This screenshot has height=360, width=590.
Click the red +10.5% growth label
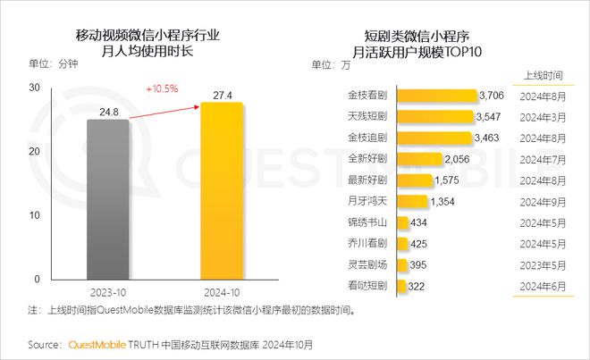[162, 88]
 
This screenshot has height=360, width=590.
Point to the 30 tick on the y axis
[33, 88]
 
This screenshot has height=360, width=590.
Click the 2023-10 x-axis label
[107, 292]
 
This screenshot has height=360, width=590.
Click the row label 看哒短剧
[367, 285]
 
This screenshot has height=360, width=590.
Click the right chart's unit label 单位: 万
[329, 64]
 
